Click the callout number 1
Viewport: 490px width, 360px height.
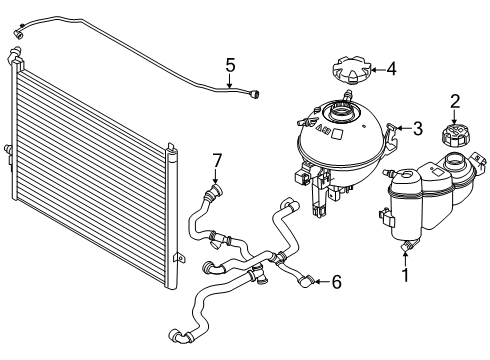[405, 275]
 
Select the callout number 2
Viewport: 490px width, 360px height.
[455, 101]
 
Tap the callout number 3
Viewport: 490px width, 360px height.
[418, 128]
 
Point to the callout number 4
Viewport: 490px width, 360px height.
[392, 70]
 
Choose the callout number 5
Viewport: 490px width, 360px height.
[230, 65]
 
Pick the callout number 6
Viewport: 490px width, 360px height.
[337, 282]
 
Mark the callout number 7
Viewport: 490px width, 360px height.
[217, 160]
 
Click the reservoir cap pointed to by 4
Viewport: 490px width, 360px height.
[351, 70]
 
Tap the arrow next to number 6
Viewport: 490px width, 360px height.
[322, 282]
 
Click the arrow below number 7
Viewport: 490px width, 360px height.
[216, 177]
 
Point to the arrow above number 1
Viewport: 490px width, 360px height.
[405, 259]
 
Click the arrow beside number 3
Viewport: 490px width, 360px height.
[404, 128]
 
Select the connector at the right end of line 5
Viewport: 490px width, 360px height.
[255, 93]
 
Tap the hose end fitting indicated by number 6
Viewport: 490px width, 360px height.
[306, 281]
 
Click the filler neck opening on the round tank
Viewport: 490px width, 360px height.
[340, 110]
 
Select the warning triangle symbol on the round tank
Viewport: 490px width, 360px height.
[318, 128]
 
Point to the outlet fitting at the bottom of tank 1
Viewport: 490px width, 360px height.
[409, 246]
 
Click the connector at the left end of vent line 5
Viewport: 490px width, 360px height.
[18, 34]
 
